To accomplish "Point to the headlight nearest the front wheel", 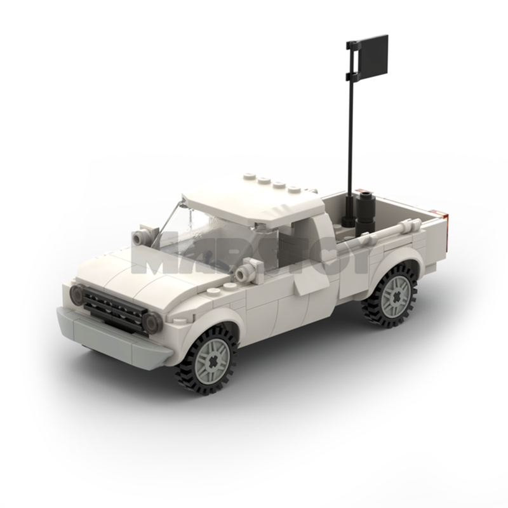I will pyautogui.click(x=153, y=323).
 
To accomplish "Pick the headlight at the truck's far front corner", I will pyautogui.click(x=77, y=294).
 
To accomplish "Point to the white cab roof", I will pyautogui.click(x=254, y=201).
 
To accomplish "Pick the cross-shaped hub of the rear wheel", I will pyautogui.click(x=395, y=296).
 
